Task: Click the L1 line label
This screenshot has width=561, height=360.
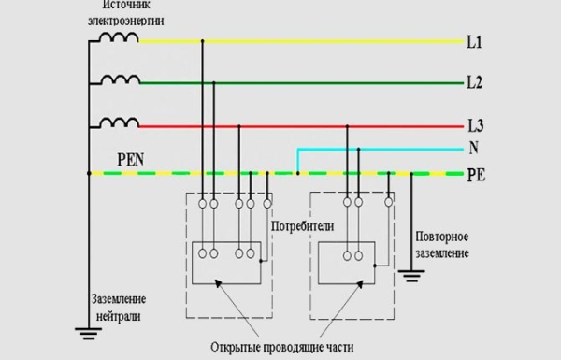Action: pyautogui.click(x=475, y=42)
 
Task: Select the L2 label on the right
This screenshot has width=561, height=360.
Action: pyautogui.click(x=475, y=83)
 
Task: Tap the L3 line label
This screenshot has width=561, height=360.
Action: pyautogui.click(x=475, y=125)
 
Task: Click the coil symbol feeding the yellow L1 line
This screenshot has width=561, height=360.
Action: pyautogui.click(x=121, y=38)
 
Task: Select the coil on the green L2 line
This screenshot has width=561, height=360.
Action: pyautogui.click(x=121, y=80)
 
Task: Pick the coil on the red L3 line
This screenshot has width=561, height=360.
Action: pyautogui.click(x=121, y=122)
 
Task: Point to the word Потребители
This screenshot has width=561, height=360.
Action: pyautogui.click(x=297, y=226)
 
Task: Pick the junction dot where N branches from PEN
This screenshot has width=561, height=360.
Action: pyautogui.click(x=297, y=173)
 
